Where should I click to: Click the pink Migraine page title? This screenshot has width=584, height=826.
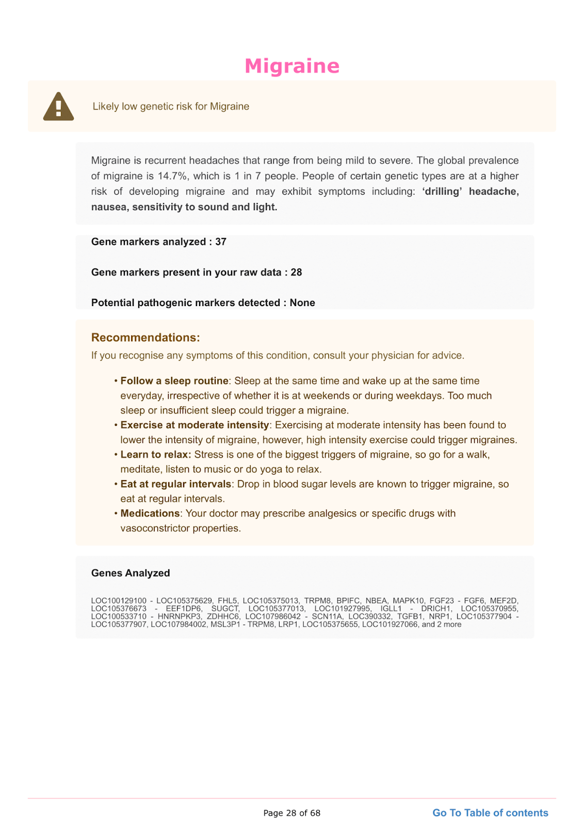click(x=292, y=66)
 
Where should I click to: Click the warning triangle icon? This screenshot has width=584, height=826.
click(x=58, y=107)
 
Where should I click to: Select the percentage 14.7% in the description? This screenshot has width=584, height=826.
click(x=172, y=176)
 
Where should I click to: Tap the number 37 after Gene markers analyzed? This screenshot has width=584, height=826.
click(x=221, y=242)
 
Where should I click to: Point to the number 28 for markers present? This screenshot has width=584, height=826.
click(x=296, y=272)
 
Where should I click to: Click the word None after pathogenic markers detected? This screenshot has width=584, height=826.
click(x=302, y=303)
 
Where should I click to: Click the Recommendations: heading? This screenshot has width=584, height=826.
click(x=145, y=338)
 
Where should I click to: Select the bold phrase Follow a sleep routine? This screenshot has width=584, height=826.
click(x=174, y=381)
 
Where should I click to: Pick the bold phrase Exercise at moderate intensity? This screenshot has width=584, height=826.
click(x=194, y=425)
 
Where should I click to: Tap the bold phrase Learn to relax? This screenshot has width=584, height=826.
click(x=156, y=455)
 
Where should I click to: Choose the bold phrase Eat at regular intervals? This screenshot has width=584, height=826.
click(x=175, y=484)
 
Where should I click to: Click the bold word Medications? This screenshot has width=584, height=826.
click(x=150, y=514)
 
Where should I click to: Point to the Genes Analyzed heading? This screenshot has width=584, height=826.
click(x=131, y=573)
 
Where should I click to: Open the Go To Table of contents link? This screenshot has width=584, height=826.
click(x=490, y=813)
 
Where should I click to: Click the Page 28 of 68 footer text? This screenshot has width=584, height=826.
click(x=292, y=813)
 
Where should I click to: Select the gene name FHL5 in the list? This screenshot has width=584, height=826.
click(x=228, y=601)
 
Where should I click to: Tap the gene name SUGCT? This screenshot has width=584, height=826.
click(x=225, y=609)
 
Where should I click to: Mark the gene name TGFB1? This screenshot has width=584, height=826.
click(x=410, y=616)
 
